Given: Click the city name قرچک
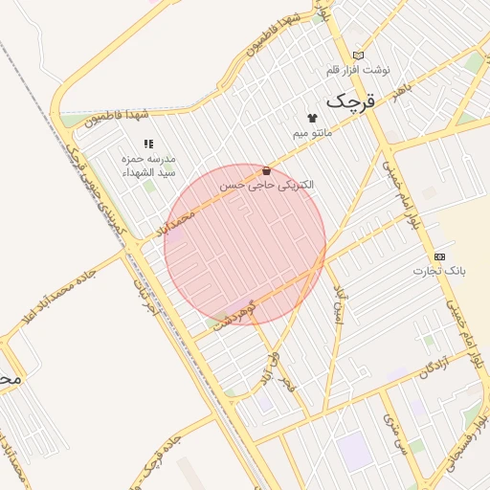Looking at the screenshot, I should [x=354, y=99].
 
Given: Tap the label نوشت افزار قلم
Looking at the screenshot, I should [x=359, y=70].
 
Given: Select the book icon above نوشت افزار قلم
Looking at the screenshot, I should [x=359, y=56].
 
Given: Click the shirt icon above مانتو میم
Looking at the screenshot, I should [x=312, y=118].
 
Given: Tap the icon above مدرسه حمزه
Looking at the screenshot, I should [x=148, y=144].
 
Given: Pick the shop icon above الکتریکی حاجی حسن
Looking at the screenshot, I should [x=266, y=170].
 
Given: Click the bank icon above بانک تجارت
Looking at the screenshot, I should [x=439, y=256].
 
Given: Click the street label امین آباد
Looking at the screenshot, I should [x=337, y=303].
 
